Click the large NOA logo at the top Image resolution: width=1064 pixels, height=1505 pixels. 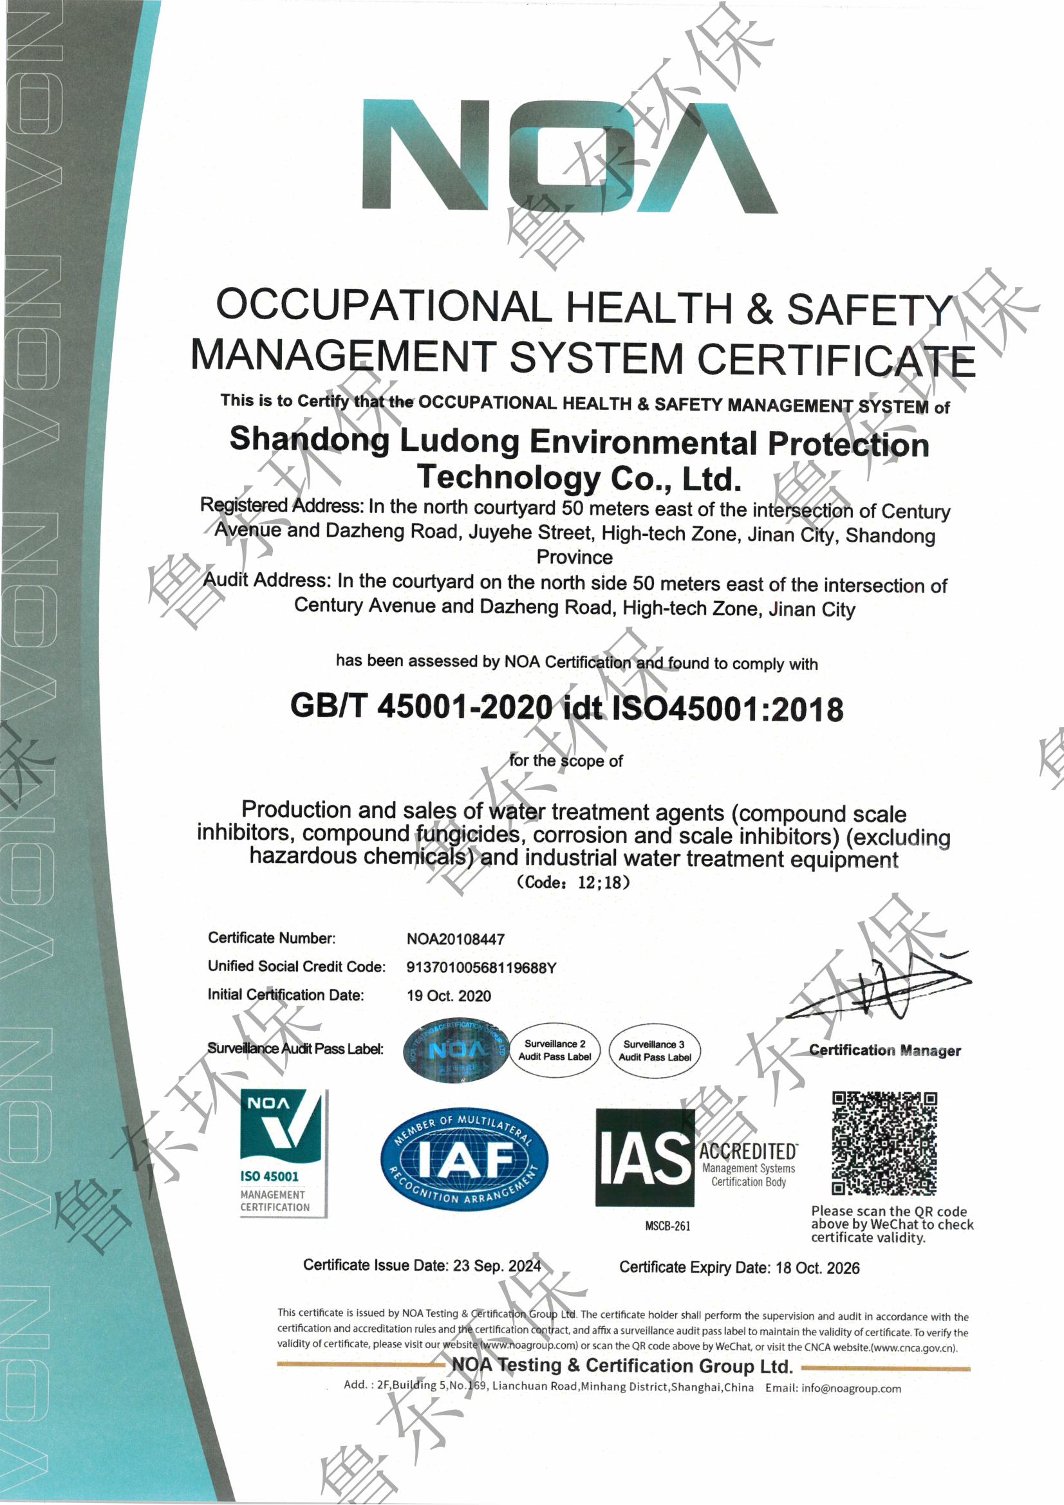point(569,156)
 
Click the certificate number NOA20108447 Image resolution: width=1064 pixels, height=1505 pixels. point(456,939)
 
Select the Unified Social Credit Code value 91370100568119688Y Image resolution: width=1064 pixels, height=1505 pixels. point(481,968)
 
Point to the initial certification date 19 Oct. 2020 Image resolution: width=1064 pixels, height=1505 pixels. point(449,995)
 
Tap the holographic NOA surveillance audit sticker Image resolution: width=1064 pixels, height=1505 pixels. point(456,1051)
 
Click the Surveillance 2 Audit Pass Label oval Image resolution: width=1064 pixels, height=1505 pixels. point(555,1050)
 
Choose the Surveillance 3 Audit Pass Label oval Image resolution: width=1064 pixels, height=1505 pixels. point(655,1051)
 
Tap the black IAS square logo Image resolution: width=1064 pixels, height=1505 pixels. point(644,1158)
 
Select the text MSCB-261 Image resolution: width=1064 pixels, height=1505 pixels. point(667,1226)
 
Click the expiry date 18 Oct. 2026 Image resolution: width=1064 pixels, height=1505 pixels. point(817,1268)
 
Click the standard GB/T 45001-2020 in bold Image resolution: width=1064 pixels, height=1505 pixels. point(422,706)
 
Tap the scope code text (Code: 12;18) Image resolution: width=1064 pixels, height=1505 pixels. point(573,882)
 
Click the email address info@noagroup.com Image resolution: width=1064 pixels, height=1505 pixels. point(851,1389)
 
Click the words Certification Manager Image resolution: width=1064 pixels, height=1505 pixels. point(884,1051)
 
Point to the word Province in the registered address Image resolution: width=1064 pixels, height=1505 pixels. point(574,557)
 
